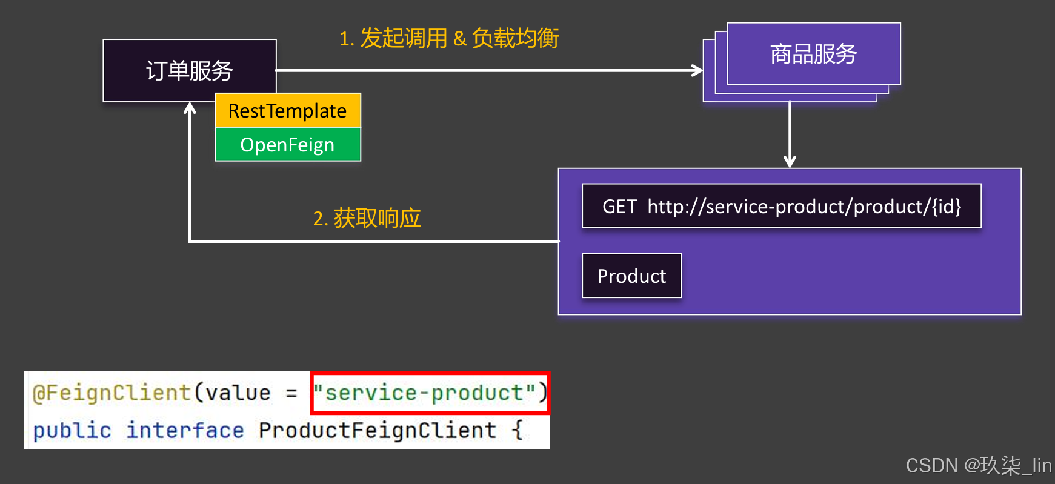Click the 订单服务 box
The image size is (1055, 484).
pyautogui.click(x=189, y=70)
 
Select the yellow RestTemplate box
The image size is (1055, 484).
pyautogui.click(x=287, y=111)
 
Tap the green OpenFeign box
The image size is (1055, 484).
pyautogui.click(x=287, y=145)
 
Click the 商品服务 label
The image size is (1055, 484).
pyautogui.click(x=813, y=54)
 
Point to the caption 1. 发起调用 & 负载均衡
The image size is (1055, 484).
pyautogui.click(x=448, y=38)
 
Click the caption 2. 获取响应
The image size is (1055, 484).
pyautogui.click(x=367, y=218)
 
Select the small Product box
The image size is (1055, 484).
pyautogui.click(x=631, y=276)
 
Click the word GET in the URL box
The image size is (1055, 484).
pyautogui.click(x=619, y=207)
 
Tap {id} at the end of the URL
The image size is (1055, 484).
pyautogui.click(x=947, y=207)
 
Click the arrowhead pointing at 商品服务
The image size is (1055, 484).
pyautogui.click(x=698, y=70)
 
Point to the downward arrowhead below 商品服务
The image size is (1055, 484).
pyautogui.click(x=790, y=161)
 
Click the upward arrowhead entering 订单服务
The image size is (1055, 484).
pyautogui.click(x=190, y=108)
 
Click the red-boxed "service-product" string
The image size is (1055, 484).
pyautogui.click(x=430, y=393)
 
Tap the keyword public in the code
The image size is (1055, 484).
pyautogui.click(x=72, y=430)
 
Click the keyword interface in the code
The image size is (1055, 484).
pyautogui.click(x=185, y=430)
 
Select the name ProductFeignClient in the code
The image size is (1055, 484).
pyautogui.click(x=377, y=430)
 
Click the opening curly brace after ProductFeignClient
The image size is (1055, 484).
pyautogui.click(x=517, y=430)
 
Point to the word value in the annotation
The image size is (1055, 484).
pyautogui.click(x=238, y=393)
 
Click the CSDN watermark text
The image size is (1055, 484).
pyautogui.click(x=978, y=465)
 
